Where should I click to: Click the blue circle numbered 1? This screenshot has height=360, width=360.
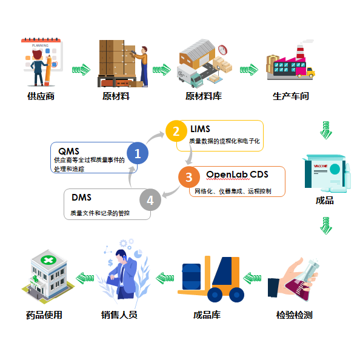coord(138,153)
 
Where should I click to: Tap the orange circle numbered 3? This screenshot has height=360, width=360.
coord(189,177)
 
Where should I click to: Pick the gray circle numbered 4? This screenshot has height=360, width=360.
coord(150,199)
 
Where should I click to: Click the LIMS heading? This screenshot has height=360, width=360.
coord(201,129)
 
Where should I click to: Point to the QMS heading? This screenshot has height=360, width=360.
coord(68,150)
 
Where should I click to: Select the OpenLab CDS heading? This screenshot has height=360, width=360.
coord(237,175)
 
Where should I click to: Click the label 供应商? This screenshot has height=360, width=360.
coord(41,96)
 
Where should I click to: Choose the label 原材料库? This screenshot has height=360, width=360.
coord(202,96)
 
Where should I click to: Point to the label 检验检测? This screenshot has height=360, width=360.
coord(294,315)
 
